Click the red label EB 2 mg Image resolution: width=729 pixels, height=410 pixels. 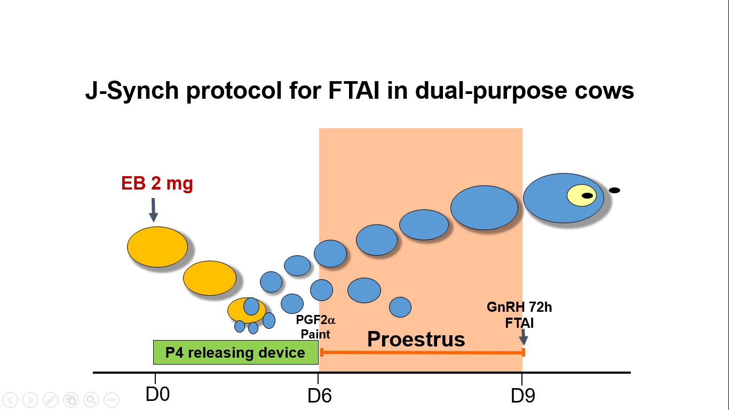point(157,184)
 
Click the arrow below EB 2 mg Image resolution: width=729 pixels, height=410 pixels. point(154,210)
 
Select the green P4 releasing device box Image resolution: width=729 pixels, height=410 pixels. point(235,352)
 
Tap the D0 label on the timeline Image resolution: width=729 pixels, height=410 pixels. point(157,395)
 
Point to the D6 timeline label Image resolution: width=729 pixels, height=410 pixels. point(320,396)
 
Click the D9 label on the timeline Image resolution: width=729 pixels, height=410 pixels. point(523,396)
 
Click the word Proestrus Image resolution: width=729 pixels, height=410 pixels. point(416,339)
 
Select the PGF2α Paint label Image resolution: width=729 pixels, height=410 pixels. point(315,327)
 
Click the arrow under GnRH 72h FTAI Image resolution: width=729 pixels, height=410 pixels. point(524,337)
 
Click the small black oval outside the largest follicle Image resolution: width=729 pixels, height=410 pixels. point(614,190)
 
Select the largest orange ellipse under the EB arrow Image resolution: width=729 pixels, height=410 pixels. point(157,247)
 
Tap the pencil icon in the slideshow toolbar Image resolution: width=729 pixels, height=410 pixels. point(51,399)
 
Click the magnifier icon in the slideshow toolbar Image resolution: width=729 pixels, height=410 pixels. point(91,399)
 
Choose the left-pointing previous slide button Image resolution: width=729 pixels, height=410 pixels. point(10,399)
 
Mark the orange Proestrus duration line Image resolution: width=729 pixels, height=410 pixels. point(422,352)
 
